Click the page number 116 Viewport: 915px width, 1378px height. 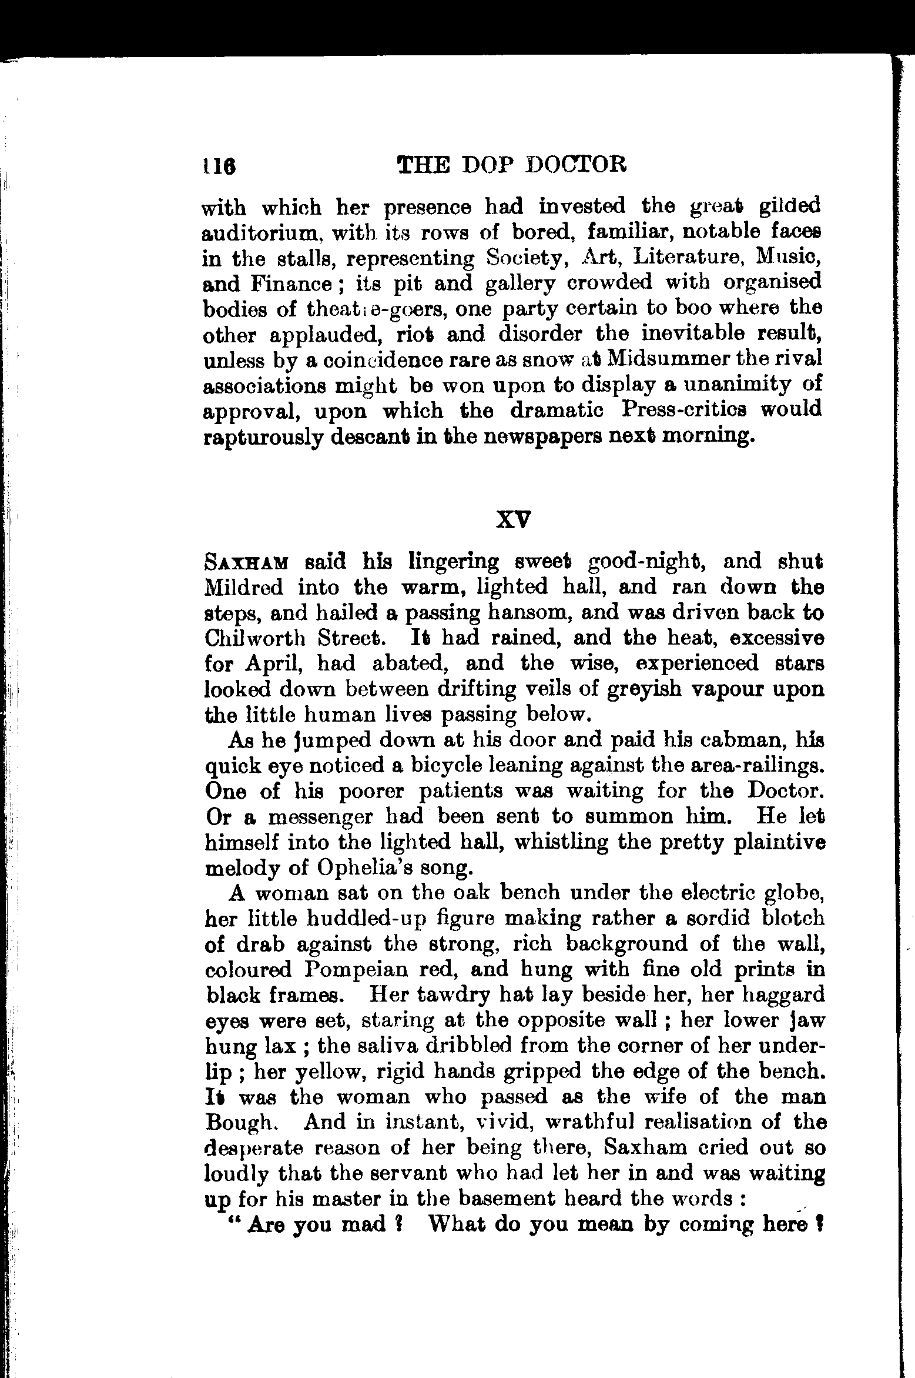point(219,166)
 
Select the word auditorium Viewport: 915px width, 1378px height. point(261,233)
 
